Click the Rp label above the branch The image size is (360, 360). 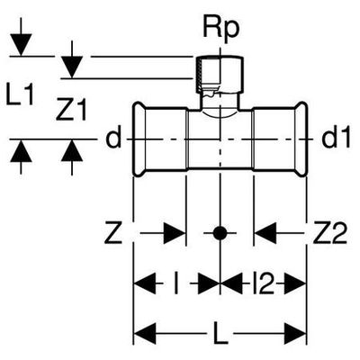[221, 30]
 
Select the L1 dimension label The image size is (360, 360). [20, 94]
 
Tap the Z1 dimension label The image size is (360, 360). [71, 110]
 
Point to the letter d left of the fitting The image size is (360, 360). [113, 139]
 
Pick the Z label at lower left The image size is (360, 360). [113, 233]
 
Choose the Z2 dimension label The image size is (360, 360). [329, 233]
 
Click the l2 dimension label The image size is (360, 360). [264, 283]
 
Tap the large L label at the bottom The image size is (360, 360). [220, 334]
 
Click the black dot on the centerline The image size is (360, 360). [220, 233]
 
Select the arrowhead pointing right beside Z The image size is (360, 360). [175, 233]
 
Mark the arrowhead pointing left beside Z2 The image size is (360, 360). [265, 233]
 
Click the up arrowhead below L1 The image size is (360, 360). [21, 151]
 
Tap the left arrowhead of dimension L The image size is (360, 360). [145, 334]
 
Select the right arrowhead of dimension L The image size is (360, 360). [295, 334]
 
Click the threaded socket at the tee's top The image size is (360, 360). [220, 75]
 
